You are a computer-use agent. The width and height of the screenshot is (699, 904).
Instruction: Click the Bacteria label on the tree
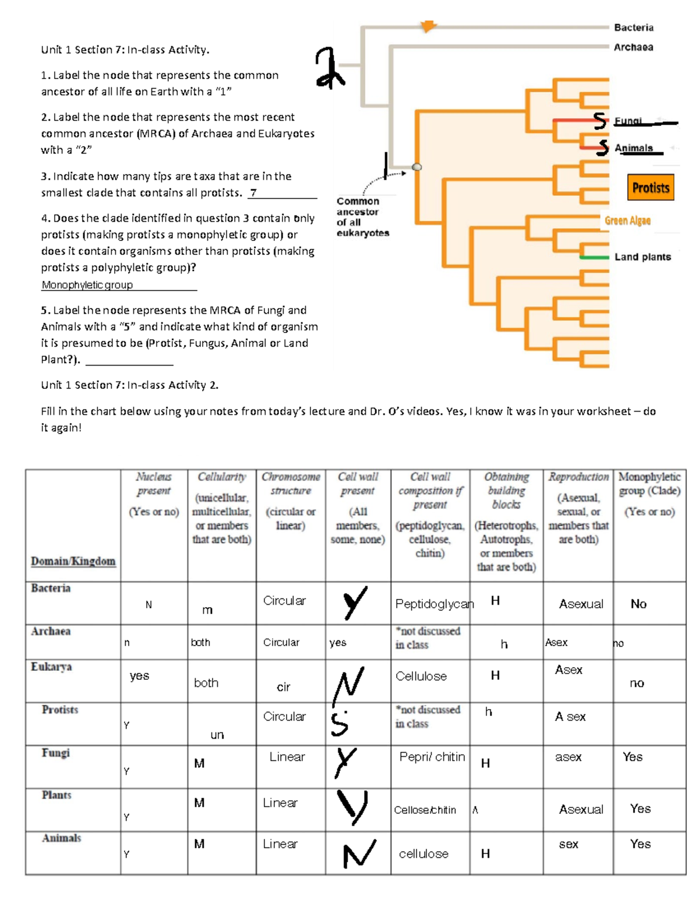click(x=633, y=27)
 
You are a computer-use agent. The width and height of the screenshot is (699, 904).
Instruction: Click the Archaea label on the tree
click(x=633, y=47)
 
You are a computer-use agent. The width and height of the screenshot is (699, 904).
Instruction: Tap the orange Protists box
click(x=651, y=187)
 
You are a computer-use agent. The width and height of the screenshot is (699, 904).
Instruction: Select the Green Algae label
click(x=627, y=221)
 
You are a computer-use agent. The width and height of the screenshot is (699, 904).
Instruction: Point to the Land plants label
click(x=642, y=257)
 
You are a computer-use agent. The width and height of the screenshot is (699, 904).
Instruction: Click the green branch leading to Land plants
click(x=594, y=257)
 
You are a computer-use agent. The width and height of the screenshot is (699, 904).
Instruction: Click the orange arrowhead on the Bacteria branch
click(x=428, y=26)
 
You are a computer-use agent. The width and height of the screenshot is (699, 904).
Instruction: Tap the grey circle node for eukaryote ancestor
click(x=417, y=167)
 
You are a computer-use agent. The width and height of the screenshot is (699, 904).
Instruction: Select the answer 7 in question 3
click(x=253, y=193)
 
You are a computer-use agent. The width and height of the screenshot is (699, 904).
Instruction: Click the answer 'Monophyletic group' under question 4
click(x=87, y=285)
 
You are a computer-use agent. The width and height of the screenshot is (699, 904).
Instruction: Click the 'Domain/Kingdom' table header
click(x=73, y=561)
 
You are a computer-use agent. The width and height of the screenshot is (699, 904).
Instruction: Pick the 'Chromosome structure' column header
click(x=291, y=484)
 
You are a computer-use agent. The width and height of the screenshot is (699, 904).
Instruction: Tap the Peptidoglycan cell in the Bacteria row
click(x=434, y=604)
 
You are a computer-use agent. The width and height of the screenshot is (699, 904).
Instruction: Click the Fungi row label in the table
click(x=56, y=753)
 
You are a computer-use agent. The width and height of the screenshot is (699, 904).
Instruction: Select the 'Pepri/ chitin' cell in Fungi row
click(x=432, y=757)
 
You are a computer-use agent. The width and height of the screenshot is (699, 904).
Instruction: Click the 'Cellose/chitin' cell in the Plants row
click(x=425, y=810)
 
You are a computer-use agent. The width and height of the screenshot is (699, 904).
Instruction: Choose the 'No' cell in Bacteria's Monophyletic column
click(x=638, y=604)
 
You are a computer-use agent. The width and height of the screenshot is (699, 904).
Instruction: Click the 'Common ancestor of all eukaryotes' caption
click(x=362, y=217)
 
